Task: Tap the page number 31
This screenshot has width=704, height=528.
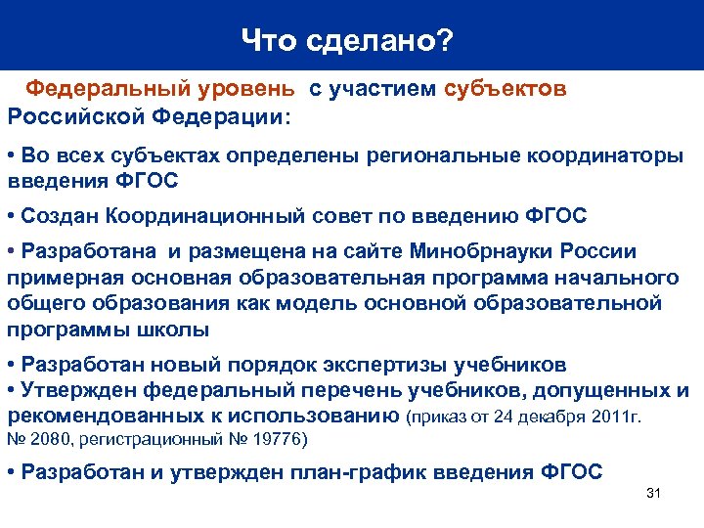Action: [654, 493]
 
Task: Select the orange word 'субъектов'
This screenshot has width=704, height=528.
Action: [505, 89]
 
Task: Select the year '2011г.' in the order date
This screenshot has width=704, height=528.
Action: [615, 418]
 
